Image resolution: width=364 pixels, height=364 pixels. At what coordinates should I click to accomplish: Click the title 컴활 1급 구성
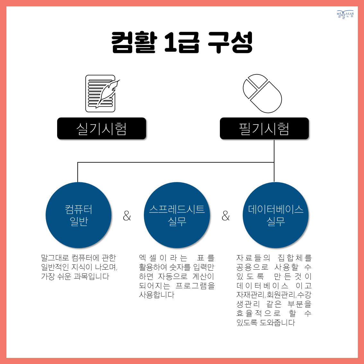tap(182, 42)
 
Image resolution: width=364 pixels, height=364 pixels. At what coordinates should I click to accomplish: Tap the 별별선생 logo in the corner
tap(345, 14)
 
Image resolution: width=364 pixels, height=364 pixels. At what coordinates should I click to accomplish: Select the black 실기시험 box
tap(101, 128)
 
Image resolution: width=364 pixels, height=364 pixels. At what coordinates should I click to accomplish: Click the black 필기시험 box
tap(264, 128)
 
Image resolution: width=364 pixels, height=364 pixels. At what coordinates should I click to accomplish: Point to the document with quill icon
tap(102, 93)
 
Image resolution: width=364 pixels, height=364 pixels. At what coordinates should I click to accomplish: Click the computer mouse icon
tap(262, 93)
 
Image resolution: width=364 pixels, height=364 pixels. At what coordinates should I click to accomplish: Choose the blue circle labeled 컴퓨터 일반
tap(78, 215)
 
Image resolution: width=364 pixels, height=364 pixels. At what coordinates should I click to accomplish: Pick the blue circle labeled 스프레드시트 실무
tap(177, 215)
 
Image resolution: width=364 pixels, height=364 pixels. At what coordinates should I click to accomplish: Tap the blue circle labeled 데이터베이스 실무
tap(275, 215)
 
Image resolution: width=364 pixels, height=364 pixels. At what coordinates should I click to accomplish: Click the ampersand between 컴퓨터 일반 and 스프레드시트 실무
tap(127, 216)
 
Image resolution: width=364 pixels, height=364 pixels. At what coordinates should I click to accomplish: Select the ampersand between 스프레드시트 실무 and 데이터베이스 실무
tap(226, 216)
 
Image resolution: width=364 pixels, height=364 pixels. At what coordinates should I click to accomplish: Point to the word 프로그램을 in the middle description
tap(195, 286)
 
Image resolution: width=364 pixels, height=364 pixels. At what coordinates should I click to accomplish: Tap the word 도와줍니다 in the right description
tap(277, 323)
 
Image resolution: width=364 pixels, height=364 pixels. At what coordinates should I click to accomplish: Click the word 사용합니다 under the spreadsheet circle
tap(156, 295)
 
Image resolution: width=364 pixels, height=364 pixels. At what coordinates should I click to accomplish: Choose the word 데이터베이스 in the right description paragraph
tap(263, 286)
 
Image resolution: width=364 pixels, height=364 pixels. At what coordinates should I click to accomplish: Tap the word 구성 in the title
tap(230, 42)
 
